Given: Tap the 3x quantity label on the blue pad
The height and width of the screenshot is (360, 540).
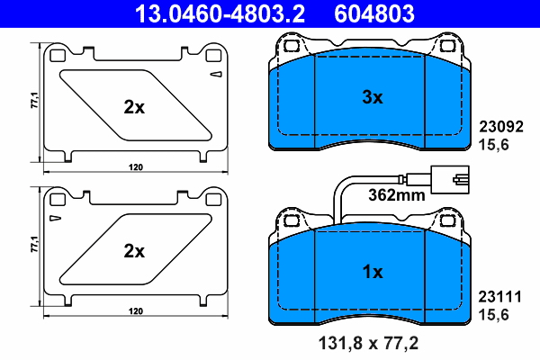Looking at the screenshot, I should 373,96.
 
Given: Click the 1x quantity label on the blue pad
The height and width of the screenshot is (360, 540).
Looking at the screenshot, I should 373,271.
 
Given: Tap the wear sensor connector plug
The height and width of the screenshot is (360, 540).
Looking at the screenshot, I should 448,178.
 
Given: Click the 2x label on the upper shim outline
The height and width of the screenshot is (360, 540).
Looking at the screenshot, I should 134,107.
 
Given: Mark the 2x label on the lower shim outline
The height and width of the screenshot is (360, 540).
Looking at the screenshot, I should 134,251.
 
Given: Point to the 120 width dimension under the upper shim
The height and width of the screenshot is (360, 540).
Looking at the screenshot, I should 135,167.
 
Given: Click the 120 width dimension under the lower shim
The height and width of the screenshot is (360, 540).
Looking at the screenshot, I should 135,310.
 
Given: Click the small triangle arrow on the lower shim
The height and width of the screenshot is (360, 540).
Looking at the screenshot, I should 56,218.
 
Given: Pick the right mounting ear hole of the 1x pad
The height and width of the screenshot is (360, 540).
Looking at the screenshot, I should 446,219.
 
